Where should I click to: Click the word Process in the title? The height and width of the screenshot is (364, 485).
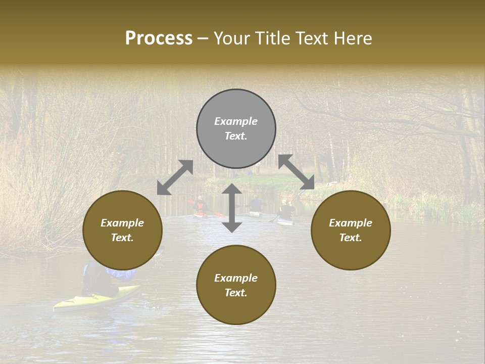(159, 38)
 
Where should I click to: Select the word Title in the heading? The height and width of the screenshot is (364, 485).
(272, 38)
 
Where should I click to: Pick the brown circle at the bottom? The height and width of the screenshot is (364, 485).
(236, 304)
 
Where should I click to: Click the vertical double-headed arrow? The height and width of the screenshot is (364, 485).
(232, 208)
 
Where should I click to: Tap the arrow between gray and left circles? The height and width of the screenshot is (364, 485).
(175, 177)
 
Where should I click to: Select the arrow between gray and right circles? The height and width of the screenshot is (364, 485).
(297, 172)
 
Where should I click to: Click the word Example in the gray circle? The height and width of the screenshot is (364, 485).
(236, 121)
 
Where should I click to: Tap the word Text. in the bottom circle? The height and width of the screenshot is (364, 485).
(236, 293)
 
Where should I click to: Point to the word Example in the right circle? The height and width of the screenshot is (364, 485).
(351, 223)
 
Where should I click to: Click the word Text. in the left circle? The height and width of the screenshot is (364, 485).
(122, 238)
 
